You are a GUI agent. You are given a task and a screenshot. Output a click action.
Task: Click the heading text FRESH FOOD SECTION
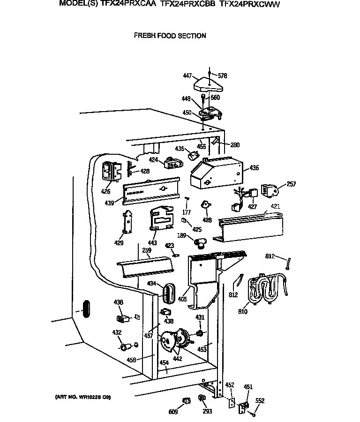(x=170, y=36)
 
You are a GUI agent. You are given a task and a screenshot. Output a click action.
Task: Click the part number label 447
(x=187, y=75)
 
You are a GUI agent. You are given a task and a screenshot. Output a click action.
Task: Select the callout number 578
(x=222, y=75)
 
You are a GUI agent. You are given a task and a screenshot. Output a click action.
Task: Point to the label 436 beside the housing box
(x=254, y=168)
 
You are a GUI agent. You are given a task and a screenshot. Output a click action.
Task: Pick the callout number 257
(x=291, y=184)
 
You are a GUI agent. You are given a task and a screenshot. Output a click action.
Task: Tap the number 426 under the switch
(x=106, y=191)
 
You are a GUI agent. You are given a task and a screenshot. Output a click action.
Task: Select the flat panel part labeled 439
(x=151, y=190)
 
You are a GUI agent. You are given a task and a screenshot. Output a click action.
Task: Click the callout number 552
(x=259, y=401)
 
